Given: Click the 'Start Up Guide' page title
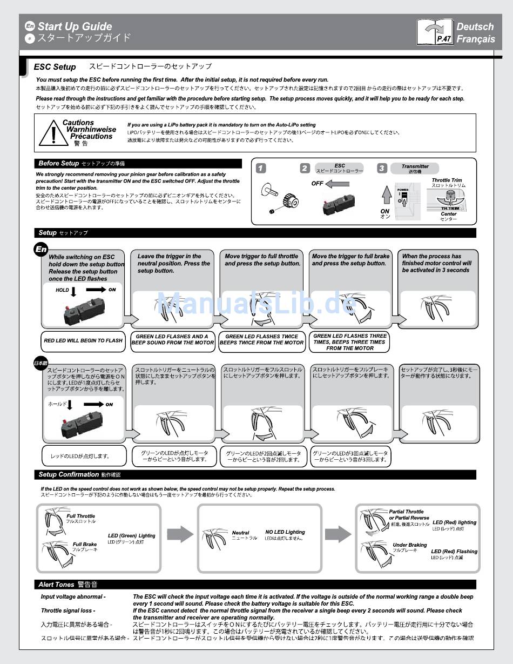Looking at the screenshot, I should (75, 26).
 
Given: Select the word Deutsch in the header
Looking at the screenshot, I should (475, 26).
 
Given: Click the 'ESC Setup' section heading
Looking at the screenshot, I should (55, 67).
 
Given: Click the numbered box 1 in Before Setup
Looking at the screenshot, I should (261, 169).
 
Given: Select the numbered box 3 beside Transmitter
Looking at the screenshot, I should (382, 169).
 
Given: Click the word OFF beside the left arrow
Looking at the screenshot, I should (318, 184).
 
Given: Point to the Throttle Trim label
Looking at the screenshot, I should (447, 180).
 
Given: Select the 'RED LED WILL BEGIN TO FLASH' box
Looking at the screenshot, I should (84, 340).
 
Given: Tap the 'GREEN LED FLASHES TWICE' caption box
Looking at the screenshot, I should (262, 339).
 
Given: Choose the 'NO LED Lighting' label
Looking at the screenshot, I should (285, 532).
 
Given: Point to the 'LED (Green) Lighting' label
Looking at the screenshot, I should (131, 536).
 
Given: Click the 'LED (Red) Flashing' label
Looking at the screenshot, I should (454, 552).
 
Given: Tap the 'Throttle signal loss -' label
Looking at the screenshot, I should (67, 611).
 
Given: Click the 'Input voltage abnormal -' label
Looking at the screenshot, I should (73, 597).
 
